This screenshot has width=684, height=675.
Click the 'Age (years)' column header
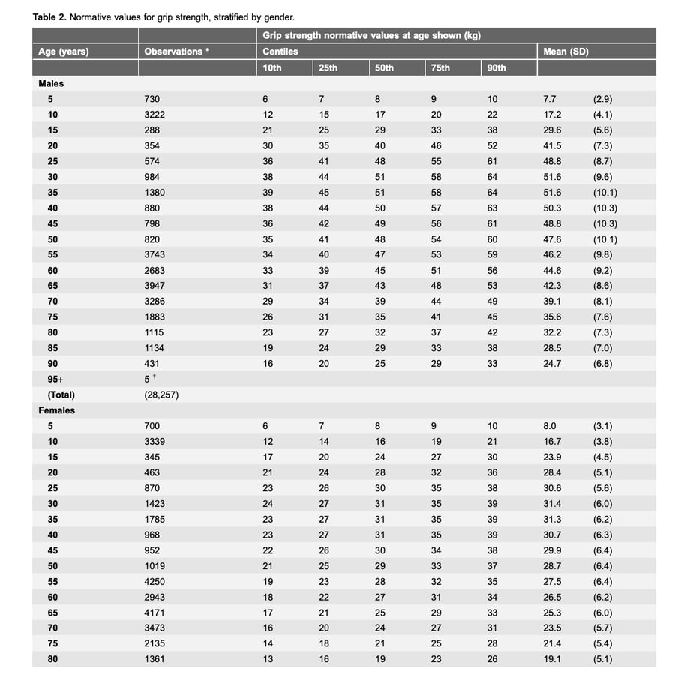[x=64, y=52]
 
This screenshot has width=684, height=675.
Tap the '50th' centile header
[x=383, y=67]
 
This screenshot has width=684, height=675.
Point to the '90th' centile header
[x=496, y=67]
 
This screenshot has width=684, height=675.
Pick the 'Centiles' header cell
[x=280, y=52]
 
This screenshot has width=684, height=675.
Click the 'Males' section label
[x=51, y=83]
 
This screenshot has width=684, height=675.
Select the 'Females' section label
[x=57, y=410]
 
